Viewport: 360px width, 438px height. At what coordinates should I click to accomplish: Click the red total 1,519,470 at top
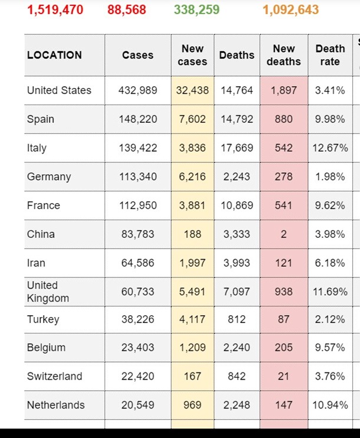[55, 9]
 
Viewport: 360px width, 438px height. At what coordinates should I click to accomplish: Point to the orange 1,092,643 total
[290, 9]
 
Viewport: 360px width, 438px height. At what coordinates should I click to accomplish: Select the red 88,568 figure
[126, 9]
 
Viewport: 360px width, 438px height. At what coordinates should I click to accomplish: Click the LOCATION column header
[54, 55]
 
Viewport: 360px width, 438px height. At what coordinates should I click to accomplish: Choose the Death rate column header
[330, 55]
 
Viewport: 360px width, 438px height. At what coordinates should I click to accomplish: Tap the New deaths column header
[283, 55]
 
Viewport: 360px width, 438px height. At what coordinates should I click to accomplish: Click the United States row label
[59, 90]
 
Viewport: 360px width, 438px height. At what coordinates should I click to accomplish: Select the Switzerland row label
[54, 376]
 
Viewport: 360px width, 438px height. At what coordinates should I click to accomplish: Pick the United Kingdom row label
[48, 292]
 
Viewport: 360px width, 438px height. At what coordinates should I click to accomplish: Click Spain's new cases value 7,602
[192, 119]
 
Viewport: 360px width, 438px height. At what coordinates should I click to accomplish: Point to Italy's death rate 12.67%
[330, 148]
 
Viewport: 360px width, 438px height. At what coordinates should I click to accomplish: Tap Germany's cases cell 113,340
[138, 176]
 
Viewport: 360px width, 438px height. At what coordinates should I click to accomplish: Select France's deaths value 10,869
[237, 205]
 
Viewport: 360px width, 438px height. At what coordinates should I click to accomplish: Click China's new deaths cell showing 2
[283, 234]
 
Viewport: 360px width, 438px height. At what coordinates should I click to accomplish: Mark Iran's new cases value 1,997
[192, 263]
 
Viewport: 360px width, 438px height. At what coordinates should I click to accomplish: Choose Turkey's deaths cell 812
[237, 319]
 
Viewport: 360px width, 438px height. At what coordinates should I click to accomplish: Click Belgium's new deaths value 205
[283, 348]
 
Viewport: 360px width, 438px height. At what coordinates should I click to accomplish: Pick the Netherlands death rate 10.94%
[330, 405]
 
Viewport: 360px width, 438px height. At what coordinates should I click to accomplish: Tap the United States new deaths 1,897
[283, 90]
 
